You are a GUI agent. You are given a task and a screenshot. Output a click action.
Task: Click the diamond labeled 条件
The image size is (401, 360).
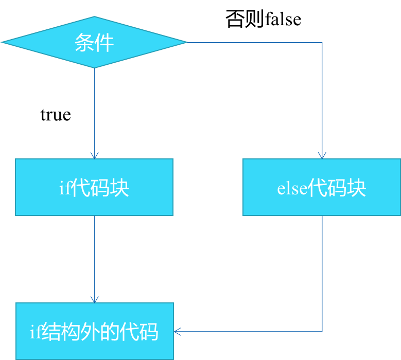(x=94, y=42)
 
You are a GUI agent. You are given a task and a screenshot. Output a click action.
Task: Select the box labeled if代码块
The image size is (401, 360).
(x=94, y=187)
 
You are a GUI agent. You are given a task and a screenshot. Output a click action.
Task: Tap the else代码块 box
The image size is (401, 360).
(x=322, y=187)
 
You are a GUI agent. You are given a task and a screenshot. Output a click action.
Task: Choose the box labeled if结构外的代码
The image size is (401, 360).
(x=95, y=331)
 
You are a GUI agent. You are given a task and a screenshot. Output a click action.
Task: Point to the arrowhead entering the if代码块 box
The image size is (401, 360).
(x=94, y=155)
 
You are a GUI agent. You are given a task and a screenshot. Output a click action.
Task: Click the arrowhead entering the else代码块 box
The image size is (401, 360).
(x=322, y=155)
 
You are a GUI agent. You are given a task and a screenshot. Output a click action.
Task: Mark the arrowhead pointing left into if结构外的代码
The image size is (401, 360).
(x=178, y=332)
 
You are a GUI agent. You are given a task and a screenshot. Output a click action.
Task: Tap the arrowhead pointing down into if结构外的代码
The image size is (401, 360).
(x=94, y=299)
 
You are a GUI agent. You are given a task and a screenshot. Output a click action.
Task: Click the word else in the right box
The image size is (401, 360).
(x=292, y=188)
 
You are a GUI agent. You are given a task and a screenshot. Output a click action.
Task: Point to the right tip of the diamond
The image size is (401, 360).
(x=187, y=42)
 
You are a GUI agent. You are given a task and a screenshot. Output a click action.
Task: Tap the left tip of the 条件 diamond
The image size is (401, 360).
(x=3, y=42)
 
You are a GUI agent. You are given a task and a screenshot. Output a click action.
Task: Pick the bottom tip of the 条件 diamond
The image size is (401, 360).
(x=94, y=68)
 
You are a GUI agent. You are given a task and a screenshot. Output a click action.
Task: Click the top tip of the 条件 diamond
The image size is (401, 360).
(x=94, y=16)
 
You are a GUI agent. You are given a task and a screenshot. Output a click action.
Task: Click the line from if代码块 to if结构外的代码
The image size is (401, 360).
(x=94, y=257)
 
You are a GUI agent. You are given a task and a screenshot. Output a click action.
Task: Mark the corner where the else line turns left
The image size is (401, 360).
(x=322, y=332)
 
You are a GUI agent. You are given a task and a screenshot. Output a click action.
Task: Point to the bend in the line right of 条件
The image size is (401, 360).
(x=322, y=42)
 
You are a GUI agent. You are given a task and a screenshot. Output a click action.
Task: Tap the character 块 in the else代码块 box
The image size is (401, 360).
(x=357, y=188)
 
